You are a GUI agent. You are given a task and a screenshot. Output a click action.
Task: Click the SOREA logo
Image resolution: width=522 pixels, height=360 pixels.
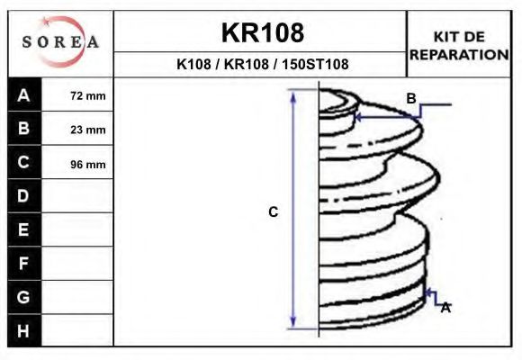click(60, 41)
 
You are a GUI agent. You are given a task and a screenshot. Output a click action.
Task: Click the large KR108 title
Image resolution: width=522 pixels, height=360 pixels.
click(263, 32)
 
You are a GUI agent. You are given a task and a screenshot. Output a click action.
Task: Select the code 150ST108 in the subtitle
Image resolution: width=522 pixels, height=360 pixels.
click(315, 64)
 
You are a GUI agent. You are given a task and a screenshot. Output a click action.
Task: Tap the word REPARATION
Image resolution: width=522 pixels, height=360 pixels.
click(459, 55)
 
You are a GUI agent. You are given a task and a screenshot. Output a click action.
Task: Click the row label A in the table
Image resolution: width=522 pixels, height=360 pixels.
click(23, 95)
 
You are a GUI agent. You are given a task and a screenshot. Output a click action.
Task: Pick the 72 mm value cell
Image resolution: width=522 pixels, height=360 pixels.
click(76, 95)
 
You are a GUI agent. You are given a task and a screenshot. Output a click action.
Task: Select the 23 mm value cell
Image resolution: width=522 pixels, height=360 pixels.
click(76, 129)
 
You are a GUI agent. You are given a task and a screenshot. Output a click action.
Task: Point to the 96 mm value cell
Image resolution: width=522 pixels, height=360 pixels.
click(76, 163)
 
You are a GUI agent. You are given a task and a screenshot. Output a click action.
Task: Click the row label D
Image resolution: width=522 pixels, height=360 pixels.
click(23, 196)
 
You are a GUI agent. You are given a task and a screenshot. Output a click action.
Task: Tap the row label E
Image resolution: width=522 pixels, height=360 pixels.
click(23, 229)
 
